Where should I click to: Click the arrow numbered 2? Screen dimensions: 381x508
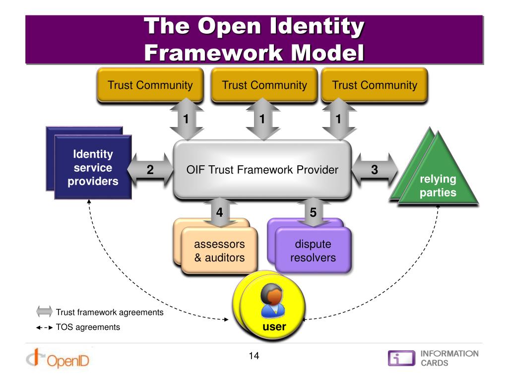tap(150, 170)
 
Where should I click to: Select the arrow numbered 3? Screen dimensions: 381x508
tap(375, 170)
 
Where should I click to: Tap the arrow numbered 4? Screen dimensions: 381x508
tap(219, 212)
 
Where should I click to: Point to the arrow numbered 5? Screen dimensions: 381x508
tap(313, 212)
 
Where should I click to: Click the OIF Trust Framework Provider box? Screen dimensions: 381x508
tap(262, 170)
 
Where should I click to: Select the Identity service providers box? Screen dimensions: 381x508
tap(93, 168)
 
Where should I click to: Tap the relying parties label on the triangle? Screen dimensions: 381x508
tap(438, 186)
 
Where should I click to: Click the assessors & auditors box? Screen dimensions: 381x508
tap(219, 251)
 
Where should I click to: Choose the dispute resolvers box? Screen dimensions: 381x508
tap(313, 251)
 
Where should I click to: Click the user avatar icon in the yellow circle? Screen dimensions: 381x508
tap(271, 301)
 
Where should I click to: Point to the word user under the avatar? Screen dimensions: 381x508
tap(274, 327)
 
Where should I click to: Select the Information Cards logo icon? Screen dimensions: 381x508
tap(401, 358)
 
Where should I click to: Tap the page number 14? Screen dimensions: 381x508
tap(254, 356)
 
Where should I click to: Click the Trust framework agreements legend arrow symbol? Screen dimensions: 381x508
tap(44, 312)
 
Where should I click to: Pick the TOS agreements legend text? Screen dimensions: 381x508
tap(88, 327)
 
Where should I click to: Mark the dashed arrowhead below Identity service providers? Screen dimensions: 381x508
tap(89, 201)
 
